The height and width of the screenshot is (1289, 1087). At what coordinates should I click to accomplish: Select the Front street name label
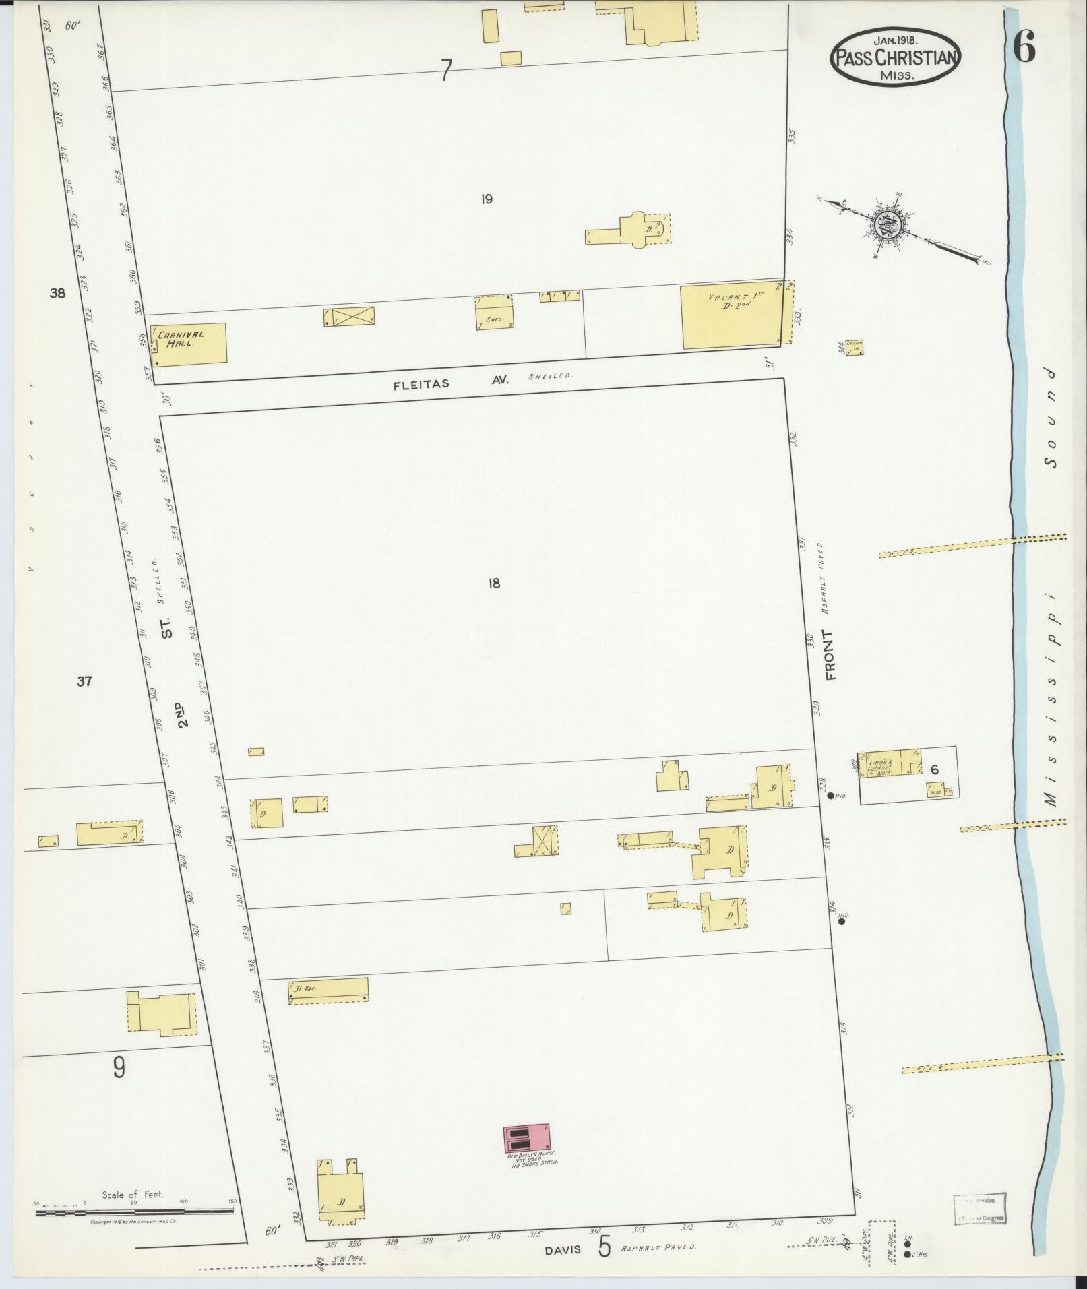pos(829,655)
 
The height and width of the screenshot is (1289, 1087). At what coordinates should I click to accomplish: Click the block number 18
pos(494,583)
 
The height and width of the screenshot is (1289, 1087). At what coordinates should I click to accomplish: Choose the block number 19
pos(487,199)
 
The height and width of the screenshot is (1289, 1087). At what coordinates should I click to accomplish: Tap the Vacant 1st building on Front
pos(732,316)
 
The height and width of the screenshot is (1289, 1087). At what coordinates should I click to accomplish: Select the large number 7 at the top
pos(445,69)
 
